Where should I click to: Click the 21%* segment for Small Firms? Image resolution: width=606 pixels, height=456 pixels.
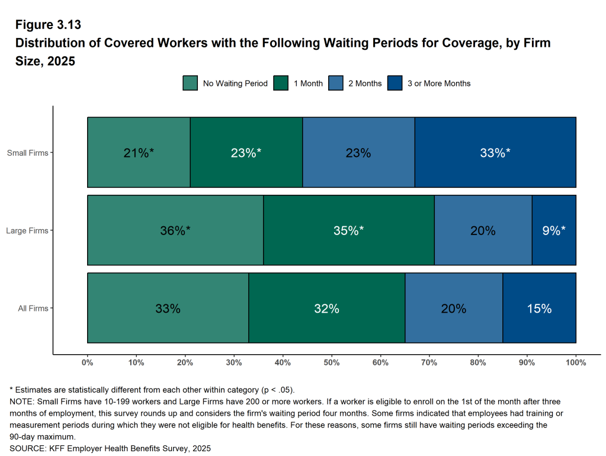click(x=139, y=153)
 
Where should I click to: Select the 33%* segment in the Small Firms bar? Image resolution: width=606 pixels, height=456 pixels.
click(x=495, y=153)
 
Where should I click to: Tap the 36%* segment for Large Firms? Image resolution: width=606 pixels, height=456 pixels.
click(x=175, y=230)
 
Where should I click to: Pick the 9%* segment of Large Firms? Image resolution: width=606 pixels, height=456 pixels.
click(x=554, y=230)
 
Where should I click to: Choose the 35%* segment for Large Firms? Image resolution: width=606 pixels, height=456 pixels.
click(x=348, y=230)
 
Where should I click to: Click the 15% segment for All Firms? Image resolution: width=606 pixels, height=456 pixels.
click(x=539, y=308)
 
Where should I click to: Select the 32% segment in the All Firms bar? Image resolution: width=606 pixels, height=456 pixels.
click(x=326, y=308)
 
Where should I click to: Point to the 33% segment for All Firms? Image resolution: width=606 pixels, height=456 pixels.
click(x=168, y=308)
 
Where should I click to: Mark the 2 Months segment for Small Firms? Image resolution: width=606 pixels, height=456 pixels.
click(x=358, y=153)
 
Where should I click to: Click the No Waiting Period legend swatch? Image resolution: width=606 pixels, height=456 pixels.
click(x=190, y=84)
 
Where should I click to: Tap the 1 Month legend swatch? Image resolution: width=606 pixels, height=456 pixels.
click(x=281, y=84)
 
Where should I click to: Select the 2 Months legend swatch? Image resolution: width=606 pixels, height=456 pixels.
click(x=335, y=84)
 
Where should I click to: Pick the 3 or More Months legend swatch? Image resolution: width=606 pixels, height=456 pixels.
click(x=395, y=84)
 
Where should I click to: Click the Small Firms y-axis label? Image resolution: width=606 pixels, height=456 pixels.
click(x=27, y=153)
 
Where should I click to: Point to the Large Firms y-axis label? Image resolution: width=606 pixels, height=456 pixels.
click(x=27, y=230)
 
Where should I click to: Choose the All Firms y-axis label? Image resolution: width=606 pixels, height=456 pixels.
click(x=33, y=308)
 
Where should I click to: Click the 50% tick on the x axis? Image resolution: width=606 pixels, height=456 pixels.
click(x=332, y=362)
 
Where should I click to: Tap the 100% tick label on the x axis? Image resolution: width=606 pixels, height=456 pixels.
click(x=576, y=362)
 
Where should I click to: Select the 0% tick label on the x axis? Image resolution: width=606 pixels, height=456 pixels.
click(x=88, y=362)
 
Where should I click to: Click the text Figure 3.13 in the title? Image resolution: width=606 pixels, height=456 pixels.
click(x=48, y=25)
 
